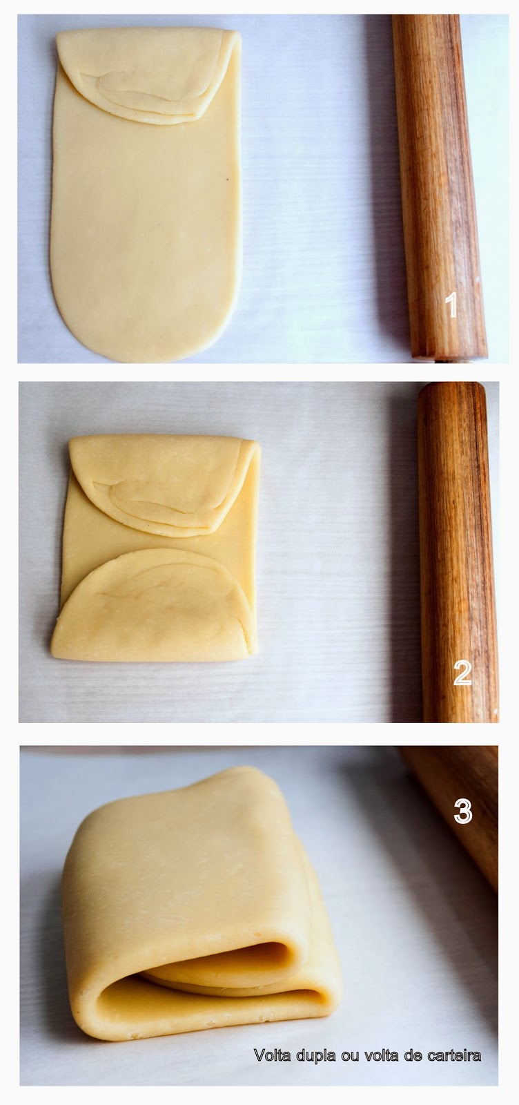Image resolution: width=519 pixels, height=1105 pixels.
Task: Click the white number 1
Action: (451, 305)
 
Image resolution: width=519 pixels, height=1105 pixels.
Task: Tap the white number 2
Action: (462, 673)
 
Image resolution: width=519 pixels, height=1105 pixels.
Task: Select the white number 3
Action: (463, 811)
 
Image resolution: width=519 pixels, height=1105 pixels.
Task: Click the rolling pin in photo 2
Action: (456, 552)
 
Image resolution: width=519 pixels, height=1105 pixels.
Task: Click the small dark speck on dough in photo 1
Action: (227, 177)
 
